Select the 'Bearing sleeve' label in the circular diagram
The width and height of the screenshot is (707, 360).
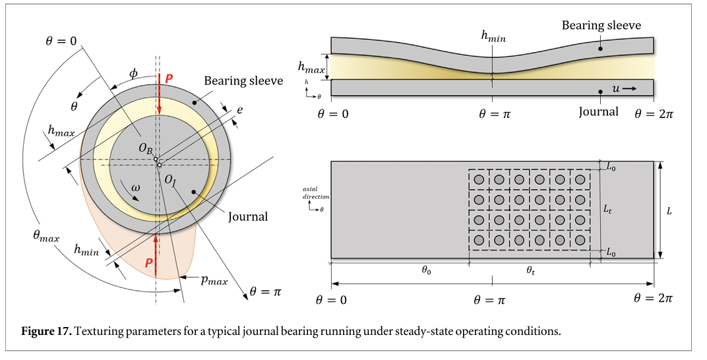[x=243, y=81]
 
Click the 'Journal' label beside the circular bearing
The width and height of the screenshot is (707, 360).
[x=247, y=216]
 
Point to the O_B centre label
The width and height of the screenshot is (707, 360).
[x=146, y=150]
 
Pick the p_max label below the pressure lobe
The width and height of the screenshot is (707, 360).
[x=214, y=281]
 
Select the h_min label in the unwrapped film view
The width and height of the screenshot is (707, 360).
[x=493, y=36]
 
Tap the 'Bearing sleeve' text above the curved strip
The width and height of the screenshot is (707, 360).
[x=601, y=26]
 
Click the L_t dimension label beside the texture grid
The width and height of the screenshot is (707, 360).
[x=608, y=208]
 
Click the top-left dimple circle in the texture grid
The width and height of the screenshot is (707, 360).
[x=479, y=179]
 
